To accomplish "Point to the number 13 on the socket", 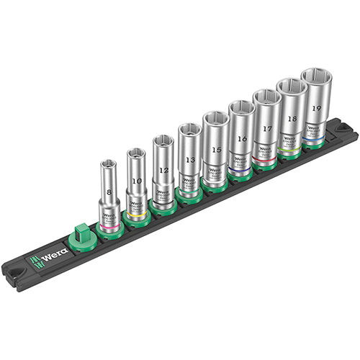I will (x=189, y=159).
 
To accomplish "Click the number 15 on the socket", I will (x=215, y=149).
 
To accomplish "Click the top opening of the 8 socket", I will (x=108, y=164).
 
